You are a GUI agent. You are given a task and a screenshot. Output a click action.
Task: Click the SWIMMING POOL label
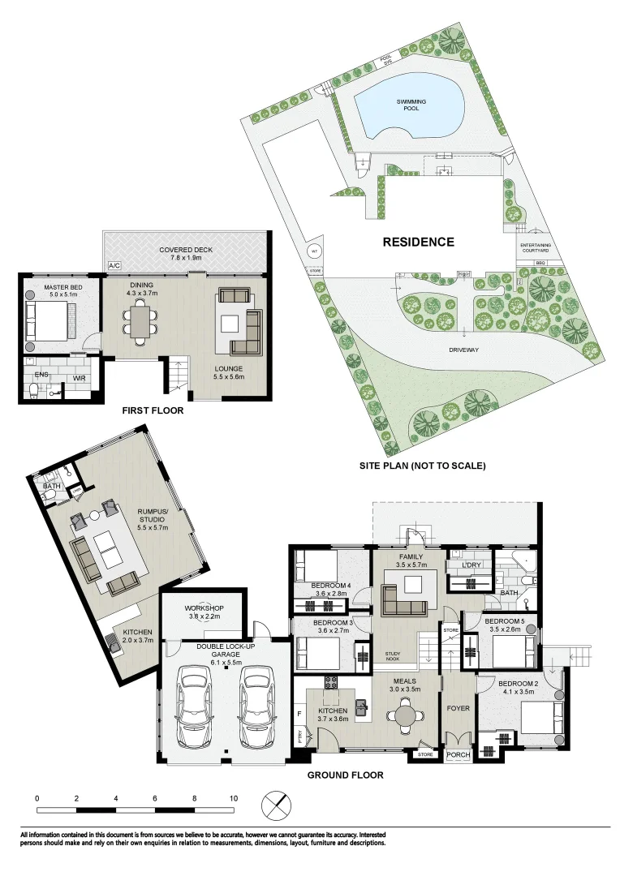coord(411,105)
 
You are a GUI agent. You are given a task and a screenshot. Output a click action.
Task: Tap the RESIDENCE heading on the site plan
coord(419,242)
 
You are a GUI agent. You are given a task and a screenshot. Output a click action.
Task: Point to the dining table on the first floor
coord(141,322)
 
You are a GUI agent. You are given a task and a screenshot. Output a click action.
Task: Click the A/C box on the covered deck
coord(113,266)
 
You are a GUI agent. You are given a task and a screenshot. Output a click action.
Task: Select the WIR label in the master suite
coord(80,378)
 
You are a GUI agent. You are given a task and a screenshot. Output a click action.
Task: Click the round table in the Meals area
coord(405,715)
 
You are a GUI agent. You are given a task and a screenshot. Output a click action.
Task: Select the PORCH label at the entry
coord(459,755)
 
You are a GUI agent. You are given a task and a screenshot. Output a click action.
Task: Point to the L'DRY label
coord(471,565)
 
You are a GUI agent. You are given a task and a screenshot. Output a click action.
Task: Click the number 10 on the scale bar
coord(234,798)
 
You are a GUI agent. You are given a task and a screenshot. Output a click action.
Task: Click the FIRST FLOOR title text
coord(153,410)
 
